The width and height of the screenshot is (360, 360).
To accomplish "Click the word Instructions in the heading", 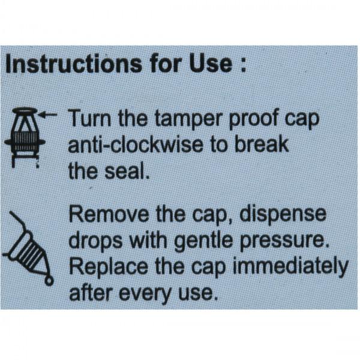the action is click(x=74, y=64).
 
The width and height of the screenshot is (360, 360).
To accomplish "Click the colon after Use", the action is click(x=242, y=66).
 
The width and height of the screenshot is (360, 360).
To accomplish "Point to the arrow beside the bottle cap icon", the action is click(x=48, y=115).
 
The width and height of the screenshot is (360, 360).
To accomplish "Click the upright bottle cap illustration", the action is click(x=25, y=137).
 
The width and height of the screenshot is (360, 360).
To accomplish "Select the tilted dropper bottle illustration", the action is click(x=28, y=248).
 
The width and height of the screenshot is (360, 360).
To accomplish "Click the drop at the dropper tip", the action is click(x=49, y=281).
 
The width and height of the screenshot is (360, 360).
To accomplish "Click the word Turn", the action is click(x=90, y=118).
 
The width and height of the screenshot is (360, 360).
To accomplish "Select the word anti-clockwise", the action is click(x=136, y=145).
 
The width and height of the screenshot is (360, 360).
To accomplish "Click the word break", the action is click(x=262, y=144).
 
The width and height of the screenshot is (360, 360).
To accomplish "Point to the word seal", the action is click(x=127, y=171).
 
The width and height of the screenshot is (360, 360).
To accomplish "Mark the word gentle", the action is click(x=203, y=242).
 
